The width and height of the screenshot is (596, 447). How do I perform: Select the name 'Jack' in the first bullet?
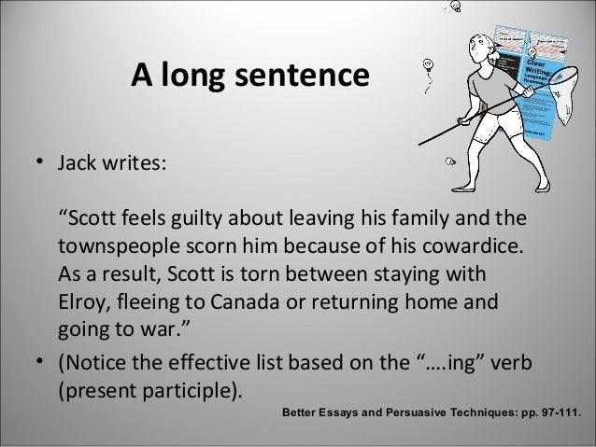click(x=78, y=164)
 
